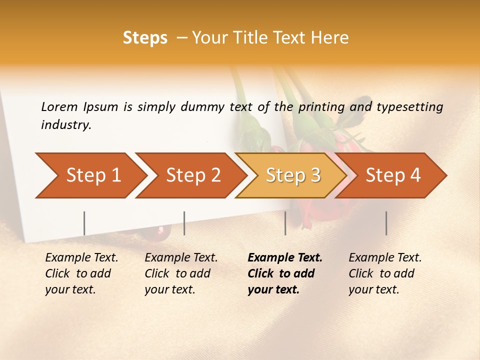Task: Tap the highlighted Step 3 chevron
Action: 293,175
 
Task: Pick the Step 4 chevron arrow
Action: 393,175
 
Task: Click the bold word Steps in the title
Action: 145,37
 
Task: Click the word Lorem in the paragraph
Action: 59,106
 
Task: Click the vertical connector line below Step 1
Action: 84,223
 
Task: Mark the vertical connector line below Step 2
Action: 184,223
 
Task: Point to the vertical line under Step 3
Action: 285,223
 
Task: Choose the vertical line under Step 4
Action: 386,223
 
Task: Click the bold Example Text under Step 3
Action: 285,257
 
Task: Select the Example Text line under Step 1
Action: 81,257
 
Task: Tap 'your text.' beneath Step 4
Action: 373,289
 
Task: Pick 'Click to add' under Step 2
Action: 177,273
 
